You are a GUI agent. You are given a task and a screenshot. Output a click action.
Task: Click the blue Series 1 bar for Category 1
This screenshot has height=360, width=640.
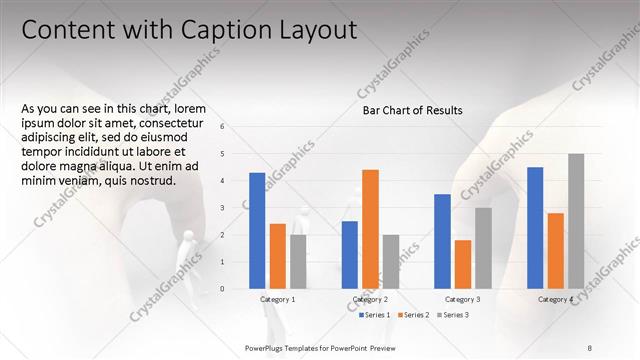coord(257,231)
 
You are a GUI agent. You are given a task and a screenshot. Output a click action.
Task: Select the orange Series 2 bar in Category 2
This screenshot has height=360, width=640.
coord(370,229)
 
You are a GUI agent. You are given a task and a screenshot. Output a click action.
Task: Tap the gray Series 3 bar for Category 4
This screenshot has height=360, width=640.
coord(576,221)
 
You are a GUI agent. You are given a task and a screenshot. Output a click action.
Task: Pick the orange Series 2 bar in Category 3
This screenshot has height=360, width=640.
coord(462,264)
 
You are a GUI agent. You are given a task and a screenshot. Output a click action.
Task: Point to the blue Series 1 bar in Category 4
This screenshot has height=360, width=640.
coord(535,228)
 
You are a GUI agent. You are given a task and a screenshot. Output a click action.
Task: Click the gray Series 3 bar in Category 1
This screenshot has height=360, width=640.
coord(298,262)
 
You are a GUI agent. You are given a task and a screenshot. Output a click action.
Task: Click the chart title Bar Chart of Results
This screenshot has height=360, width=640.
coord(412,111)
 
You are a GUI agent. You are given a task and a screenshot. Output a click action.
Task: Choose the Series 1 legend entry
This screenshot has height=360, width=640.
coord(376,315)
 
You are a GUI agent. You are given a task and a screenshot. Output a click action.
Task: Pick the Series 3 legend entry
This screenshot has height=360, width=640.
coord(454,315)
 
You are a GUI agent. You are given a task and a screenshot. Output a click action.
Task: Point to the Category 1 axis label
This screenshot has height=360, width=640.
coord(277,300)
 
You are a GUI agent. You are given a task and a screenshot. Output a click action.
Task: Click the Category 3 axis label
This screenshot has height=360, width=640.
coord(462,300)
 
